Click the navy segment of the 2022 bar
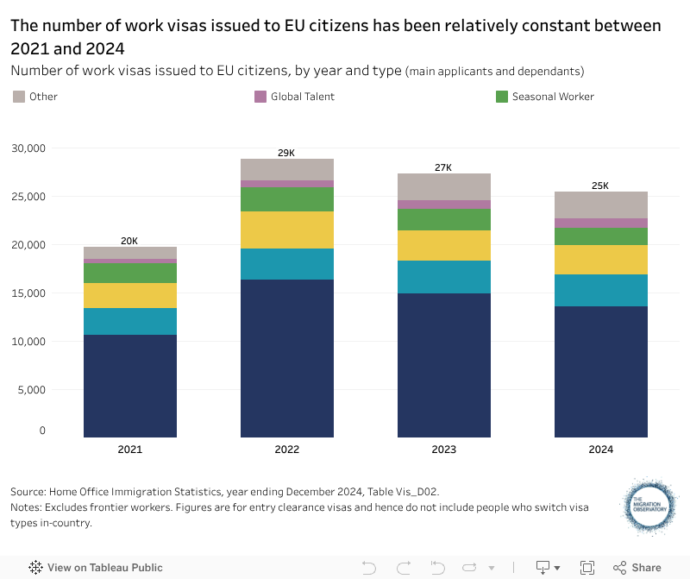coord(287,358)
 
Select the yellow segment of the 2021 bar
coord(130,295)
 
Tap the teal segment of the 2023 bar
coord(444,277)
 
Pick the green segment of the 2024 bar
coord(601,236)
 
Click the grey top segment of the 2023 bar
coord(444,186)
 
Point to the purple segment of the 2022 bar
coord(287,184)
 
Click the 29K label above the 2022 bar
coord(286,153)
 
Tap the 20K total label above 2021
coord(129,241)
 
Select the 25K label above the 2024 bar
coord(600,186)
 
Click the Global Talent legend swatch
coord(260,97)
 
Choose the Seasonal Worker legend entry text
coord(553,97)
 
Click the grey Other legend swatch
coord(19,97)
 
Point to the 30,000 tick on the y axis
coord(28,148)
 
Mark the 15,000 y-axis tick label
coord(28,293)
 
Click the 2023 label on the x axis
coord(444,450)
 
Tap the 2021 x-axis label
coord(130,450)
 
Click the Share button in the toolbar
coord(637,568)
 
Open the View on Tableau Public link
coord(96,568)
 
